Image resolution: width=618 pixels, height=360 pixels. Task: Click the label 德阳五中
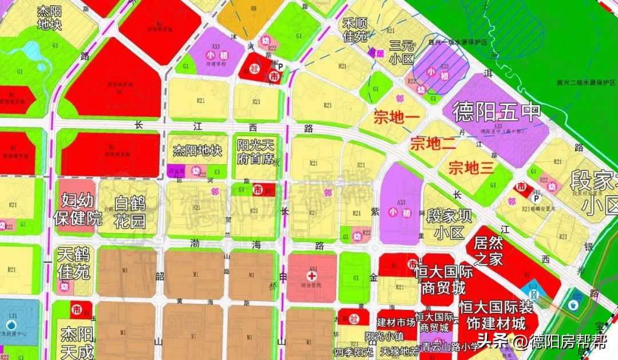496,112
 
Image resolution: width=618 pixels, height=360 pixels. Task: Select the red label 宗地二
433,144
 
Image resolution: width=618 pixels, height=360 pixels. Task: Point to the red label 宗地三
471,168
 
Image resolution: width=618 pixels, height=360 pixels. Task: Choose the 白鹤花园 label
130,211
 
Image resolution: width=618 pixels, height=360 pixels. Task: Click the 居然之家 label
488,250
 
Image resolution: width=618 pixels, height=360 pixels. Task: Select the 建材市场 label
395,322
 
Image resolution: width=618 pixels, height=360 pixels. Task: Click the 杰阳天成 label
77,342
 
